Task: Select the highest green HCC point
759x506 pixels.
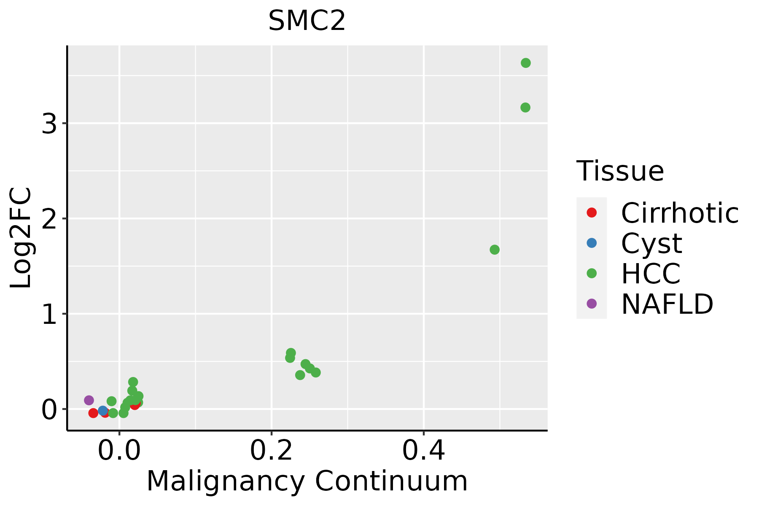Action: click(x=525, y=63)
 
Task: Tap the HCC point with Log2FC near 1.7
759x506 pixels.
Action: click(x=495, y=250)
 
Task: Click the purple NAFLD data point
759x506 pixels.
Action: click(x=89, y=400)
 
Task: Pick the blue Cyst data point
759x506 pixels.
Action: click(x=103, y=411)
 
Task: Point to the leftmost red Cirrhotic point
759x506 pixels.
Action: click(x=93, y=413)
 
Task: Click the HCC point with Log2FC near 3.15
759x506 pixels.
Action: click(x=525, y=108)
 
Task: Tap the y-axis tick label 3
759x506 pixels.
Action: click(x=49, y=124)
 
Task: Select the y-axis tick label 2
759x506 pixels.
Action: click(x=49, y=219)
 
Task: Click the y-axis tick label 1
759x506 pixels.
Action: click(x=49, y=315)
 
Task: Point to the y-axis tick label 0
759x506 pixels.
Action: click(x=49, y=410)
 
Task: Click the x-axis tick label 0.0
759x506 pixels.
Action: click(x=119, y=451)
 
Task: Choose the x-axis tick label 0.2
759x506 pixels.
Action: click(x=272, y=451)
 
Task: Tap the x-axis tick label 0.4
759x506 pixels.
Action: click(x=423, y=451)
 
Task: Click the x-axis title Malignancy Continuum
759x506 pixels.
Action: click(x=307, y=481)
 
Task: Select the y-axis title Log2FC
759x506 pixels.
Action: click(x=21, y=238)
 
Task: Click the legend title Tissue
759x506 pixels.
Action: click(x=620, y=171)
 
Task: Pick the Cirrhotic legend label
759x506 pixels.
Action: click(x=680, y=213)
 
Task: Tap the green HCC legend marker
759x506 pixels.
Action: click(x=592, y=273)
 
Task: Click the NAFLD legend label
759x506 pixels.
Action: click(x=667, y=304)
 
